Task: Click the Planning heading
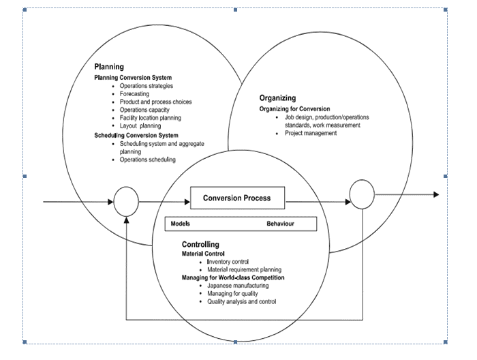pos(109,67)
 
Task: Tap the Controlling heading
pos(200,244)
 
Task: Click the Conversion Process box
pos(236,198)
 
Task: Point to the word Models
pos(181,224)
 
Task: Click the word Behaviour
pos(280,224)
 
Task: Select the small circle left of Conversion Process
pos(126,201)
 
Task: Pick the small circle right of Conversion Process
pos(362,195)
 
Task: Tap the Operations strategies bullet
pos(147,86)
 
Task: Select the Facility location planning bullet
pos(151,118)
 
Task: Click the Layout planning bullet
pos(140,126)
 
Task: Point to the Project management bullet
pos(311,134)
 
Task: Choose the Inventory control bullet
pos(228,262)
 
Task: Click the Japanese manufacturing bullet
pos(238,286)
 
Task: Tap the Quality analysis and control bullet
pos(242,301)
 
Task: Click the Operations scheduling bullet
pos(148,160)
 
